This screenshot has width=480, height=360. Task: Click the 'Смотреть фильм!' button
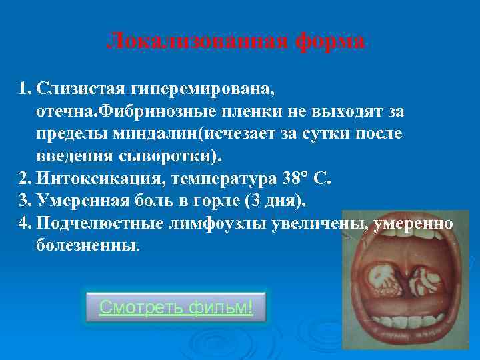[x=176, y=307]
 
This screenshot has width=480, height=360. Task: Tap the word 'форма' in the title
[x=326, y=42]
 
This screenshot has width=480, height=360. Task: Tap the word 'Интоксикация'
[x=100, y=179]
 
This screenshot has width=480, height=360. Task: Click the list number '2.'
[x=25, y=179]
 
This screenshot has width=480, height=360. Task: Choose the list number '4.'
[x=25, y=223]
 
